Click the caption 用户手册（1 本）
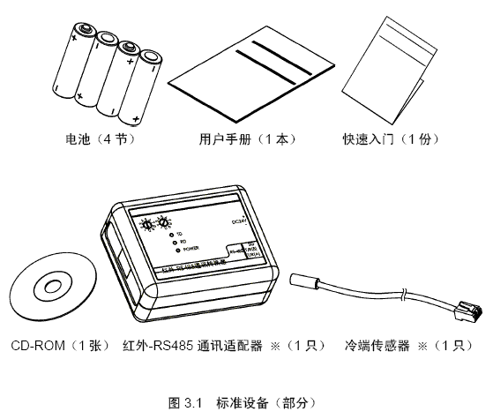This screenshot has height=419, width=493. click(246, 139)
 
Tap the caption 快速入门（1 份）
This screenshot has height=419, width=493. click(392, 139)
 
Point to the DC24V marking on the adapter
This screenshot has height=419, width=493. click(239, 221)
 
